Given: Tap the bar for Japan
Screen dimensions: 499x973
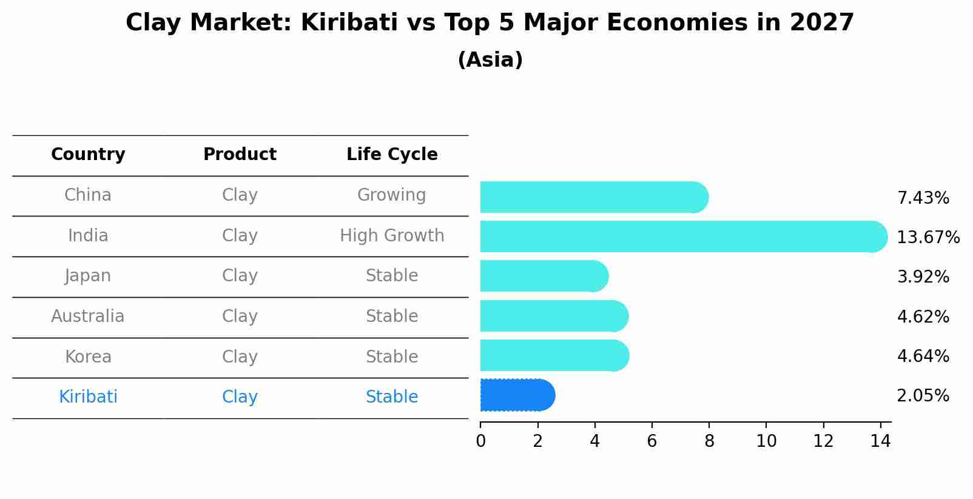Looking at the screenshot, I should click(544, 276).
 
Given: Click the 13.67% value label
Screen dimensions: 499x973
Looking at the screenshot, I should click(928, 237).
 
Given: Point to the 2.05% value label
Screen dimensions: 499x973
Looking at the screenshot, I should click(923, 396).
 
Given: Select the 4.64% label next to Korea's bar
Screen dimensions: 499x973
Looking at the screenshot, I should click(923, 356).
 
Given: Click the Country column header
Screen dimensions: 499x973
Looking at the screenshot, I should click(88, 155).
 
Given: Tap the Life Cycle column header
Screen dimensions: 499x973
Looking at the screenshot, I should click(392, 155).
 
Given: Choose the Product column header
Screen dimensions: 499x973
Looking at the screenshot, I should click(240, 155).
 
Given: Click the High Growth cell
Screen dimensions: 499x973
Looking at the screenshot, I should click(392, 235).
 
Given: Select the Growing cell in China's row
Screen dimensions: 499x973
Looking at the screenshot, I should click(391, 195).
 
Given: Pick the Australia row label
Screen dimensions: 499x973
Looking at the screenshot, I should click(88, 316).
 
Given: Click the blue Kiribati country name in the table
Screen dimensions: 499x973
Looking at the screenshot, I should click(88, 397).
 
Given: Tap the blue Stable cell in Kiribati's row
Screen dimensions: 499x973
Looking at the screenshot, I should click(392, 397).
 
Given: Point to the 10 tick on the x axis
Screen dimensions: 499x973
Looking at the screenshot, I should click(766, 441).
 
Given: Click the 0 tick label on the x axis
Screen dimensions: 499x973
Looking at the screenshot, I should click(480, 441).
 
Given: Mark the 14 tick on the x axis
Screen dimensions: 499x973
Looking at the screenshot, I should click(880, 441).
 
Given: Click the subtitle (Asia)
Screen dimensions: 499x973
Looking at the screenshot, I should click(490, 60).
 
